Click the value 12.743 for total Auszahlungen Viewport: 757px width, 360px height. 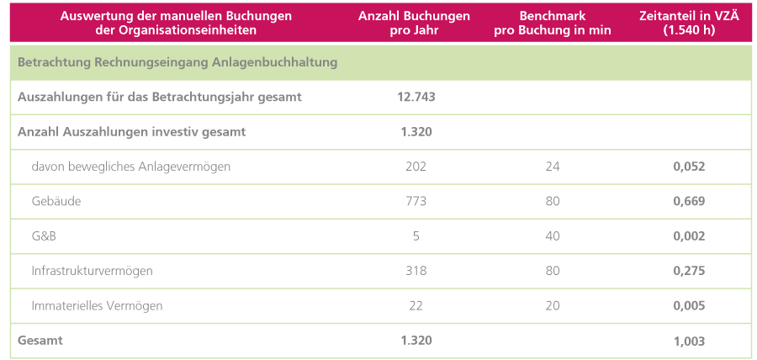click(x=416, y=97)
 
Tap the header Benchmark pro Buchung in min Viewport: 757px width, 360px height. click(x=552, y=23)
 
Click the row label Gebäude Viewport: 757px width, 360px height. click(x=56, y=201)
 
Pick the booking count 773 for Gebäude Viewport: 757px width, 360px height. click(x=416, y=201)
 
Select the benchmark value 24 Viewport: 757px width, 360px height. click(x=552, y=167)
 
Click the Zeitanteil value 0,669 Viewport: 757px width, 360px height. click(x=689, y=201)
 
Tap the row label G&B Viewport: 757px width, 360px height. click(x=44, y=236)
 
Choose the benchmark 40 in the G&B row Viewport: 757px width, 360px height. click(x=552, y=236)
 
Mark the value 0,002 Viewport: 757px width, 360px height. click(x=689, y=236)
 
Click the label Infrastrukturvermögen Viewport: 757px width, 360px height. click(x=92, y=271)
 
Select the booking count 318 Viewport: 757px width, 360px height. click(x=416, y=271)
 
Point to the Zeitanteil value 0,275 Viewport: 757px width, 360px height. click(x=689, y=271)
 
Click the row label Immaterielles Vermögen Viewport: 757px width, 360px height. click(x=97, y=305)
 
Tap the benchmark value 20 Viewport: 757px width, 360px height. click(x=552, y=305)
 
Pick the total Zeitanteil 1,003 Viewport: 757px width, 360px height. click(x=689, y=341)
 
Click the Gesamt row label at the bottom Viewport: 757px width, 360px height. click(x=40, y=341)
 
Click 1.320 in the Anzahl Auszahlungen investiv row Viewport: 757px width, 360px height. click(x=416, y=131)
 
